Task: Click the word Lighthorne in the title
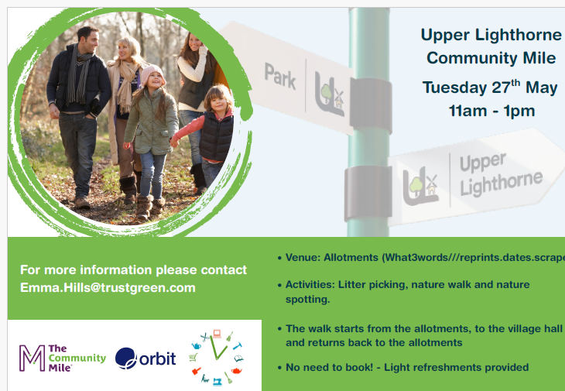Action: click(x=518, y=36)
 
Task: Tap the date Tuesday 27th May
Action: click(x=490, y=87)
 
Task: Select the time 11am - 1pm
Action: click(x=491, y=111)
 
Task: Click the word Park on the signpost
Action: click(x=280, y=76)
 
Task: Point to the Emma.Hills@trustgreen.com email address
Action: click(x=108, y=287)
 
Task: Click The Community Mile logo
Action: click(x=63, y=358)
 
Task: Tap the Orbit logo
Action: click(x=146, y=358)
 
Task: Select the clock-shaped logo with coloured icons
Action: click(x=216, y=357)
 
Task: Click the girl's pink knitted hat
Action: click(x=152, y=73)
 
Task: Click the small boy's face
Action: click(x=217, y=104)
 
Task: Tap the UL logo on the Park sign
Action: click(x=330, y=94)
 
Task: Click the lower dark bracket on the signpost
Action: click(x=368, y=193)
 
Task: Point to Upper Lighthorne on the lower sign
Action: click(x=501, y=174)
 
